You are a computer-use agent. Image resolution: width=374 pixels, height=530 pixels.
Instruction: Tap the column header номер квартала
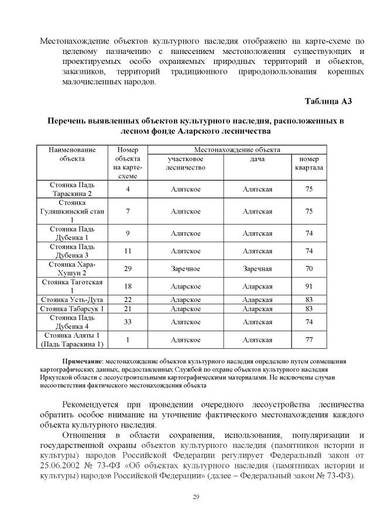coord(309,163)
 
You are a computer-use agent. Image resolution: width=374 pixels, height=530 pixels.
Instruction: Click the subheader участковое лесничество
coord(186,163)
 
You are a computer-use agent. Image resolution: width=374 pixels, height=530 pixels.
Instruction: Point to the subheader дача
coord(257,159)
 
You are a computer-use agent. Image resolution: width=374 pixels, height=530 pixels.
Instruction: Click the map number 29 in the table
coord(128,269)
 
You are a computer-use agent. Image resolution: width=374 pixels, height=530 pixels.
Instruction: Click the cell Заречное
coord(186,269)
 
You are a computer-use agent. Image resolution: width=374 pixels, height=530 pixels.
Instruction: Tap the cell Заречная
coord(257,269)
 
